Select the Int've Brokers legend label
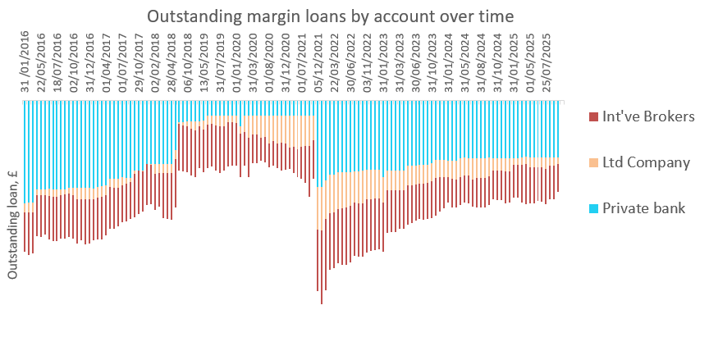(x=648, y=116)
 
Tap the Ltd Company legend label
(x=646, y=162)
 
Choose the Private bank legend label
(x=643, y=208)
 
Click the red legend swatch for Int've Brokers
(x=594, y=116)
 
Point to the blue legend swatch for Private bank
(x=594, y=208)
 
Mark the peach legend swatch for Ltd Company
(x=594, y=162)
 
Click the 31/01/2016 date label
(x=25, y=62)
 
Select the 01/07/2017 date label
(x=123, y=62)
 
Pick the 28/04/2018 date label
(x=172, y=62)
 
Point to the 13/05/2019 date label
(x=204, y=62)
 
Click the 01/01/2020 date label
(x=236, y=62)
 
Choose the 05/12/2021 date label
(x=318, y=62)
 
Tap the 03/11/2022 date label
(x=367, y=62)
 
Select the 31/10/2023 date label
(x=432, y=62)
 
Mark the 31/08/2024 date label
(x=481, y=62)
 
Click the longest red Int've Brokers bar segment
(x=322, y=262)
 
